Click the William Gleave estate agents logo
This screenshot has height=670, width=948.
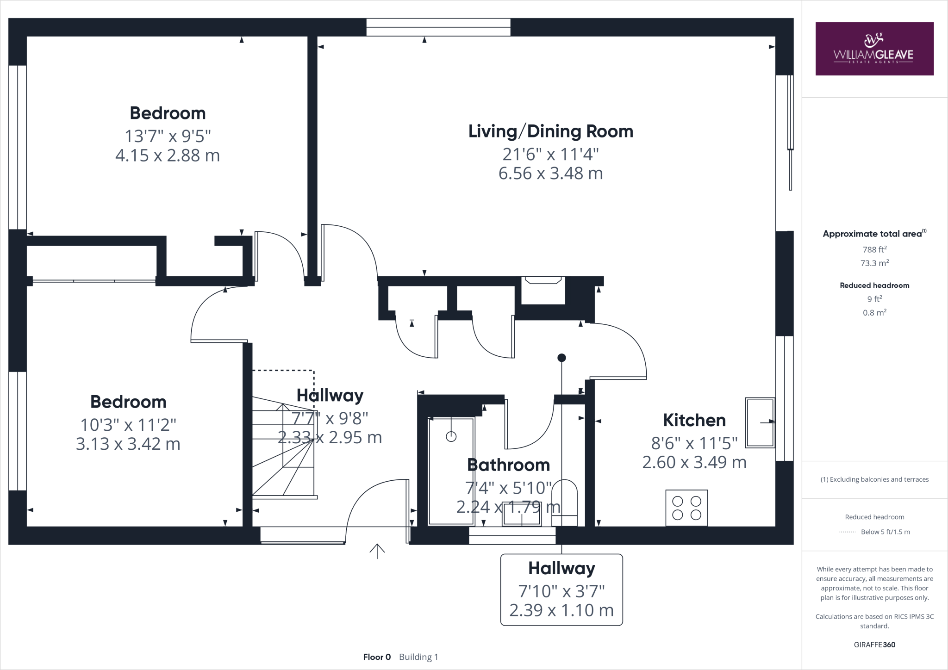coord(874,49)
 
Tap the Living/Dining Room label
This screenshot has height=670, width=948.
coord(551,131)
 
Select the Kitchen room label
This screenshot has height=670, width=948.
coord(694,420)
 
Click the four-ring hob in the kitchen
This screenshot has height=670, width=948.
coord(686,508)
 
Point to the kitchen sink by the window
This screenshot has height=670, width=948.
coord(760,422)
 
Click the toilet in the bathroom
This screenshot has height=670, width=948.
coord(565,502)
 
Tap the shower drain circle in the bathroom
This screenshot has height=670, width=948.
coord(451,436)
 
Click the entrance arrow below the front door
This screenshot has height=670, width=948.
coord(377,551)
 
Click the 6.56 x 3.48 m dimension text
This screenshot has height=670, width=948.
coord(551,174)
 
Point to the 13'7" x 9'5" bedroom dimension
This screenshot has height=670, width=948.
coord(168,136)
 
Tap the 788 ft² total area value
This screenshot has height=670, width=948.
coord(874,249)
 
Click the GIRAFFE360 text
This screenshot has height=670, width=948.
coord(874,645)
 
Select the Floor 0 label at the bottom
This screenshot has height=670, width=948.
coord(377,657)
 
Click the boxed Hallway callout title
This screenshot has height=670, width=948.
coord(561,568)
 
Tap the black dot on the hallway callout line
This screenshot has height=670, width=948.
coord(561,358)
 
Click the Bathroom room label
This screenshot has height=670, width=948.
coord(509,465)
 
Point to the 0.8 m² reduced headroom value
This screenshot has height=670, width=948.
coord(874,313)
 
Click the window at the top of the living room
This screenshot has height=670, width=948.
coord(438,27)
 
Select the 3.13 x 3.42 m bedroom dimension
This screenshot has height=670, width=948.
coord(128,444)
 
